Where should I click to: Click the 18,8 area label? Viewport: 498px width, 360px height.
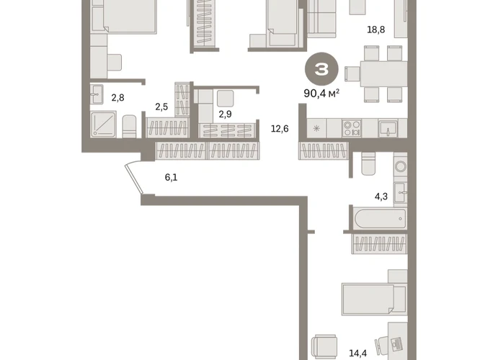pos(375,30)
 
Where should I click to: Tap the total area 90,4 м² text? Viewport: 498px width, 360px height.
pos(321,94)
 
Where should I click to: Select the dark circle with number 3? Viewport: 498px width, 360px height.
pos(321,69)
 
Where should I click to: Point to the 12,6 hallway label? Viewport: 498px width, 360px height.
pos(280,129)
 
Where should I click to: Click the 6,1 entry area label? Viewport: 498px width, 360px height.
pos(172,178)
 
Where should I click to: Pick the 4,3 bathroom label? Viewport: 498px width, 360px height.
pos(381,197)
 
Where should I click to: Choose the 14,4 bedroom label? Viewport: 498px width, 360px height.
pos(358,353)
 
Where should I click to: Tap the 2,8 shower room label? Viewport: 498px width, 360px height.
pos(117,98)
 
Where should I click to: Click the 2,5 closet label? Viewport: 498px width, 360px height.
pos(161,107)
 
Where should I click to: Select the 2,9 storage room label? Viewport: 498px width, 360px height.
pos(225,114)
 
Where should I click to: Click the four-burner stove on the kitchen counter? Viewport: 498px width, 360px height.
pos(351,128)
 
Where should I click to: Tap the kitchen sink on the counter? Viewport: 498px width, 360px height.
pos(388,128)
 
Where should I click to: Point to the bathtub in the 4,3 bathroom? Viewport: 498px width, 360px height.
pos(381,219)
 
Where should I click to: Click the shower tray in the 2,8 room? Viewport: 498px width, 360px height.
pos(103,124)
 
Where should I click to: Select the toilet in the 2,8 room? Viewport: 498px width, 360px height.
pos(129,126)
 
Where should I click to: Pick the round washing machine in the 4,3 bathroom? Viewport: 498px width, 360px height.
pos(401,166)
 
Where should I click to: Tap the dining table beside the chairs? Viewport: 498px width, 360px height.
pos(383,74)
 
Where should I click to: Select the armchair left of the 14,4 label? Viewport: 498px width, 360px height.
pos(324,346)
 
